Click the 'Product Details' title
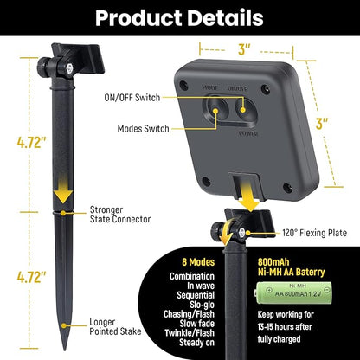[179, 18]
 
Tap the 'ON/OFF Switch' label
[132, 98]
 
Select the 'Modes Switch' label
[143, 128]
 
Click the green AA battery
[293, 292]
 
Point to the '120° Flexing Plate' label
[315, 233]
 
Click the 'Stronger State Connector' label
[120, 215]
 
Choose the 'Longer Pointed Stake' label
[115, 326]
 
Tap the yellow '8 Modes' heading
[198, 262]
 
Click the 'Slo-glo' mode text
[202, 305]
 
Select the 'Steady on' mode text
[196, 343]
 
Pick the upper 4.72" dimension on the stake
[32, 142]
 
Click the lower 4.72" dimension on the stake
[32, 277]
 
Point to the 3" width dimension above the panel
[245, 50]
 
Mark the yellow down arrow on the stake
[63, 193]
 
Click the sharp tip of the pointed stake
[65, 350]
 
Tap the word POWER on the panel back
[248, 133]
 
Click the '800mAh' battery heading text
[273, 262]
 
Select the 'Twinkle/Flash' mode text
[190, 333]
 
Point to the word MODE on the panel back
[209, 87]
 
